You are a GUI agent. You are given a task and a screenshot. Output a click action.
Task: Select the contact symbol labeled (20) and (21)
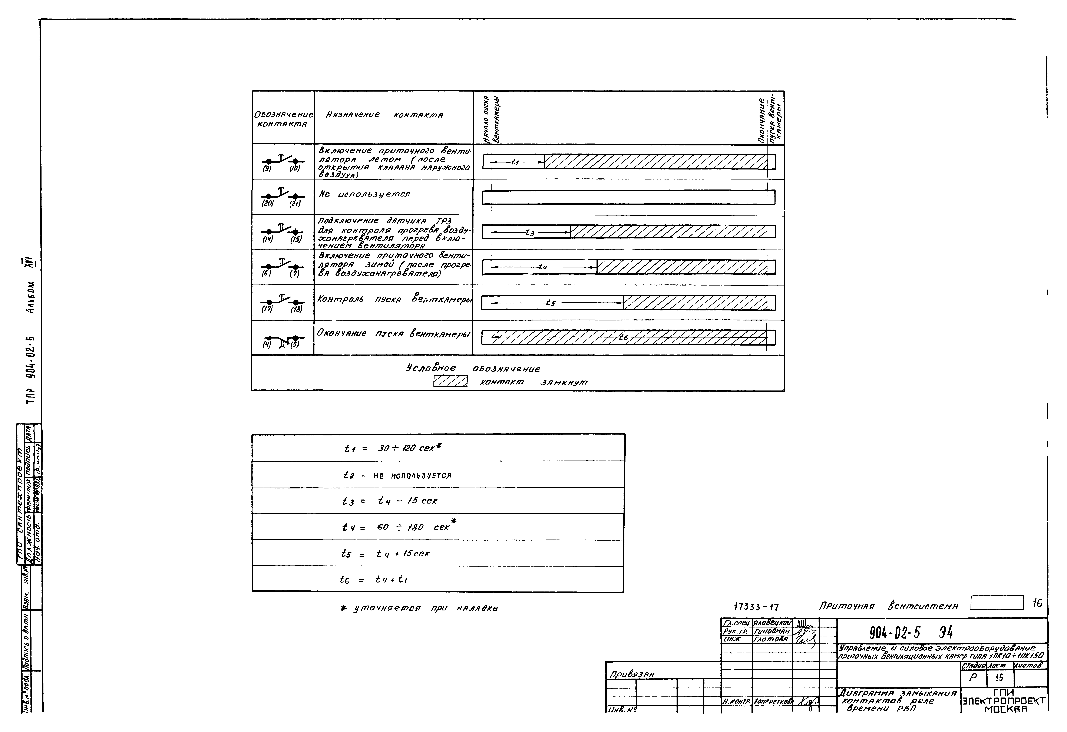tap(282, 197)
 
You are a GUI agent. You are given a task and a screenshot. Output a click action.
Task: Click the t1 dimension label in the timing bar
tap(515, 162)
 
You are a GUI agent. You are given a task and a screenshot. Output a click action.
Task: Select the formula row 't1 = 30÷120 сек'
tap(393, 448)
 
